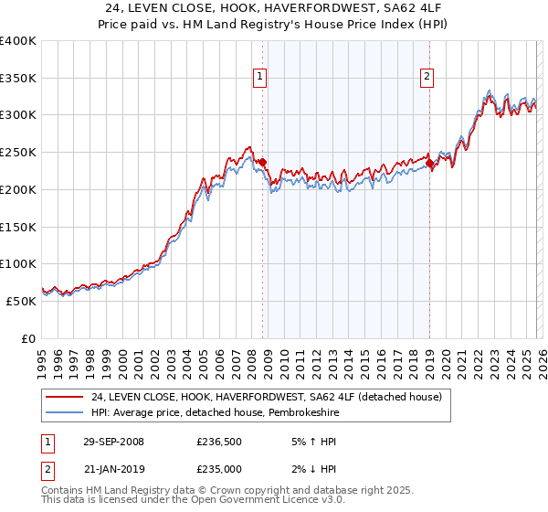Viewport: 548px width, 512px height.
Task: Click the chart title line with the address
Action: point(274,8)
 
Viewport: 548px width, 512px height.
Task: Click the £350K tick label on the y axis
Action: point(18,79)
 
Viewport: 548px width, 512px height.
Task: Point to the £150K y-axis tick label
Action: point(18,227)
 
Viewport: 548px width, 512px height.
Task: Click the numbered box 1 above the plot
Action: point(261,78)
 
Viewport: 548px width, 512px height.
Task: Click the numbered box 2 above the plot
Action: point(427,78)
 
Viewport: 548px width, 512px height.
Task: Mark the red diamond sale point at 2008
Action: point(263,163)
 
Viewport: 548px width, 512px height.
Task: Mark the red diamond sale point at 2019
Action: point(430,164)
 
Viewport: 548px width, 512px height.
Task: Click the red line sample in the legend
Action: point(65,397)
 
